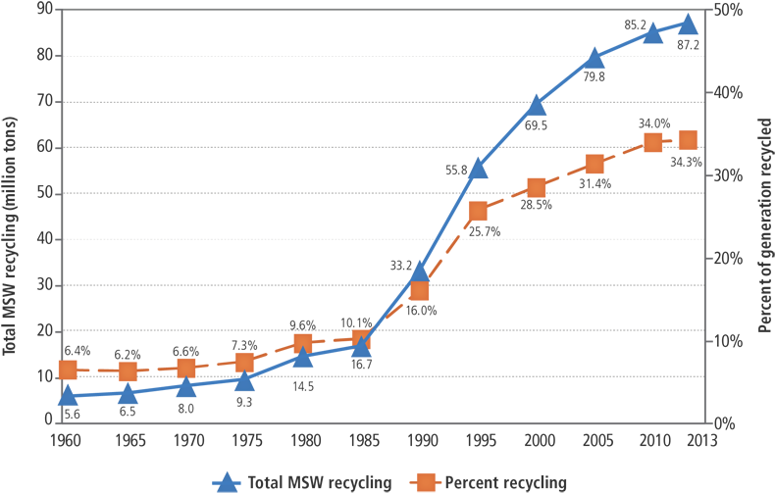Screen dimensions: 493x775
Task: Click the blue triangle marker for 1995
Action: (x=478, y=170)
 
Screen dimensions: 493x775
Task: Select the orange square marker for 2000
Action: (x=537, y=187)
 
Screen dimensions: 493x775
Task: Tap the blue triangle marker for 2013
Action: (x=688, y=24)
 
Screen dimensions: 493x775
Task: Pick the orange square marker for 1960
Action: (x=68, y=370)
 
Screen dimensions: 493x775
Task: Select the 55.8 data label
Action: (x=455, y=170)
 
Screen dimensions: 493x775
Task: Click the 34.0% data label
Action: (x=653, y=123)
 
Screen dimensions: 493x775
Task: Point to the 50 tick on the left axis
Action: (x=45, y=193)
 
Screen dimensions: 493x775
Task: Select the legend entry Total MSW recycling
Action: (x=305, y=481)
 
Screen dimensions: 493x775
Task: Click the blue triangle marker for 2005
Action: (x=594, y=58)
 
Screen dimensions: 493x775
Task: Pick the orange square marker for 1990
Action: (x=420, y=290)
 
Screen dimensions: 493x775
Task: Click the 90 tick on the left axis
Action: (x=45, y=9)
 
